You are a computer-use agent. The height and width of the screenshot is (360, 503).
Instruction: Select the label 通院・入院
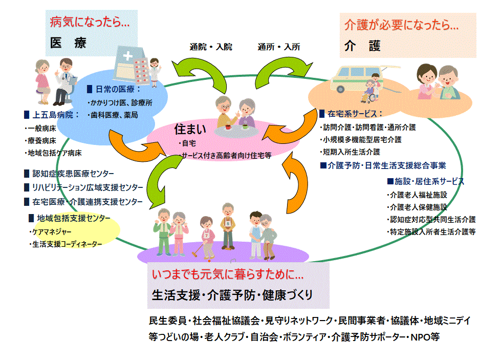tap(211, 47)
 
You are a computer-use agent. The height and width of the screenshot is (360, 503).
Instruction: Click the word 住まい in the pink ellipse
tap(190, 128)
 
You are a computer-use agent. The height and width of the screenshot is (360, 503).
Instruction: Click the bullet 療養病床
tap(40, 140)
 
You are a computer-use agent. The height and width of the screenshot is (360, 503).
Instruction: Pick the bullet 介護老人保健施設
tap(417, 207)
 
